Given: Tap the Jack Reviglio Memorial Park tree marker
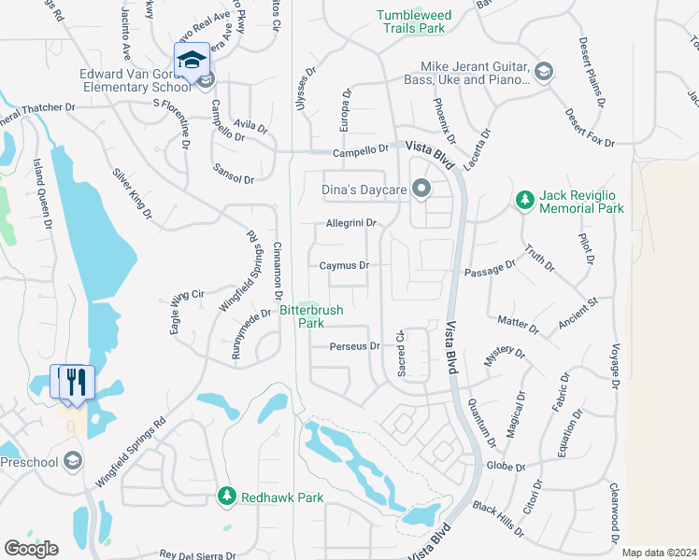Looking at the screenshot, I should click(x=525, y=200).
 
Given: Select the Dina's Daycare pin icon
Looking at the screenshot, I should click(x=421, y=189).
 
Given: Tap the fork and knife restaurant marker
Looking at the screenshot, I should click(x=77, y=382).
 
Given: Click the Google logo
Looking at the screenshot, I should click(x=31, y=548).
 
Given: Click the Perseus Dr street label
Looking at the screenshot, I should click(x=355, y=346).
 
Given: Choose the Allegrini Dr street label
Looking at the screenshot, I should click(x=350, y=223).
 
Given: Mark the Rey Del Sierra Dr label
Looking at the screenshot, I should click(x=197, y=554).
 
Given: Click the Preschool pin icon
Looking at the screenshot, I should click(x=73, y=461).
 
